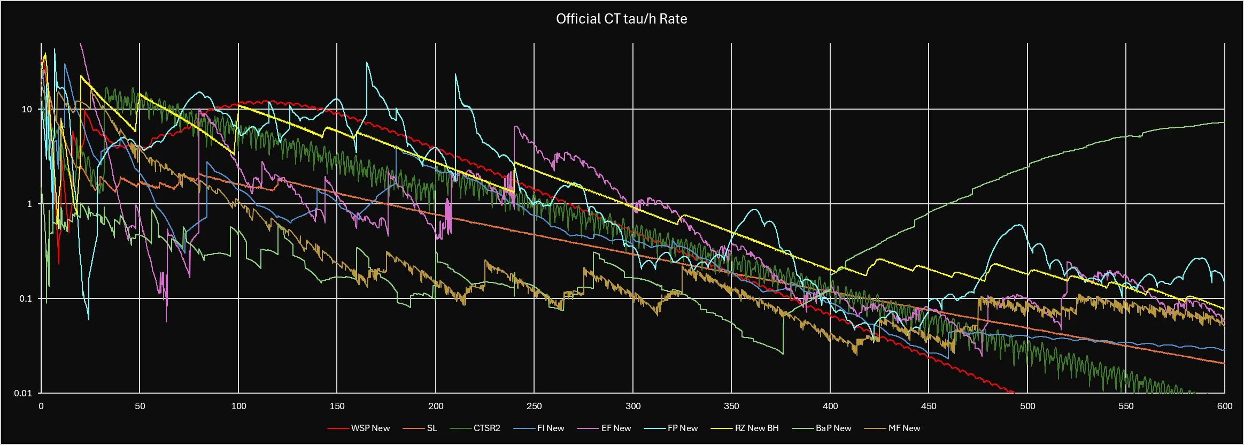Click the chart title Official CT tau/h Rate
click(621, 19)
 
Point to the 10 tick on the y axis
click(27, 109)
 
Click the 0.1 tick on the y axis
click(26, 298)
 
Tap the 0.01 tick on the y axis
click(24, 393)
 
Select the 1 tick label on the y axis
click(29, 204)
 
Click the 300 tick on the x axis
click(633, 406)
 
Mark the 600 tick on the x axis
click(1224, 406)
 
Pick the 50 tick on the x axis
click(140, 406)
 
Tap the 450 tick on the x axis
click(929, 406)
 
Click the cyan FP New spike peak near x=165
click(367, 63)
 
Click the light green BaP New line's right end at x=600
click(1224, 122)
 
